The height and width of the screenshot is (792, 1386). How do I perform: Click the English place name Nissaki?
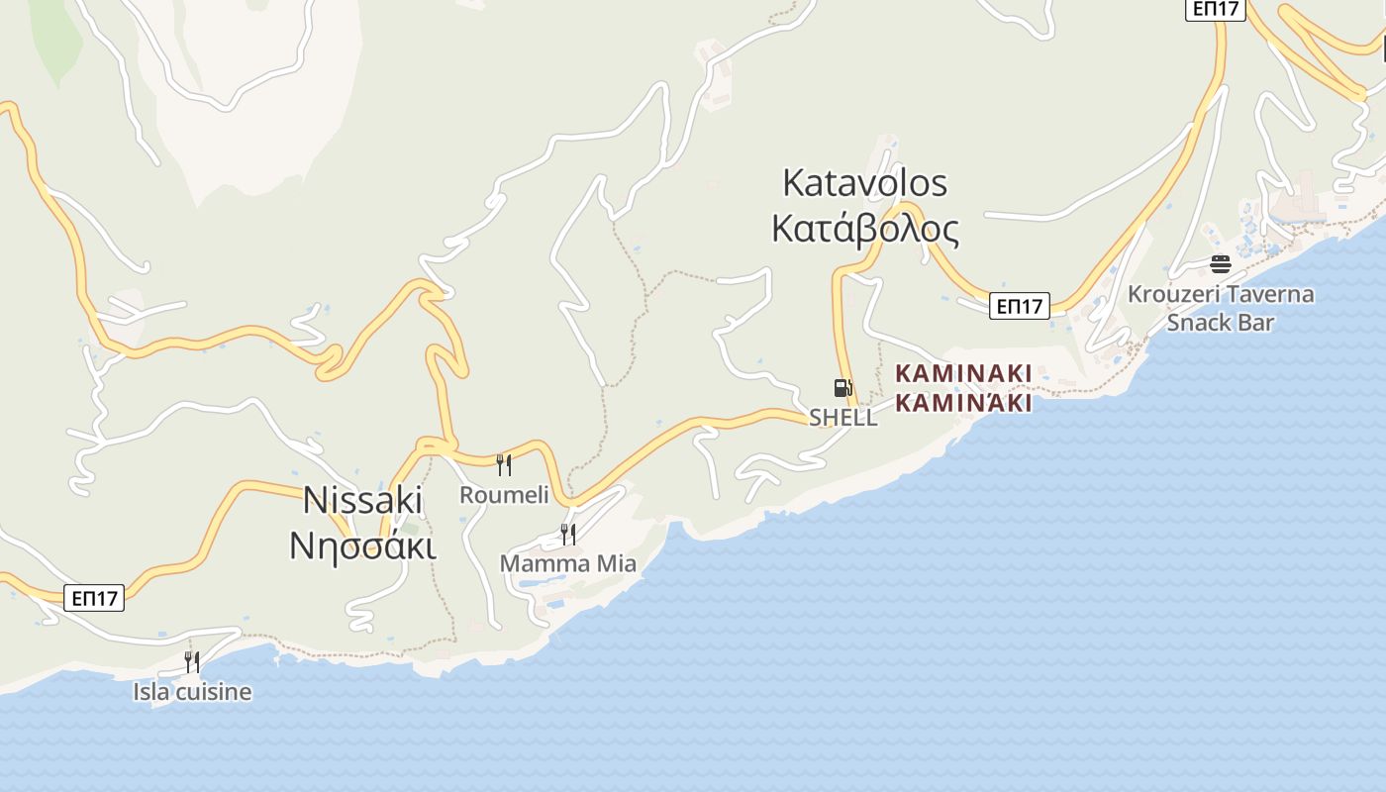click(x=362, y=500)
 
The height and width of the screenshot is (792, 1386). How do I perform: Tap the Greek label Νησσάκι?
click(x=362, y=545)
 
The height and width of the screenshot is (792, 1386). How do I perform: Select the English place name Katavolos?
click(x=864, y=183)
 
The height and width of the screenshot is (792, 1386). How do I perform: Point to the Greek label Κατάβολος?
click(x=864, y=229)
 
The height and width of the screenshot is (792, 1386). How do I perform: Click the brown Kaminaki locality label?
click(x=963, y=373)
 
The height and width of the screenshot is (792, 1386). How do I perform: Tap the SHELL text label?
click(x=842, y=418)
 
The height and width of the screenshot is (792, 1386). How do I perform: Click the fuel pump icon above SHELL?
click(x=842, y=388)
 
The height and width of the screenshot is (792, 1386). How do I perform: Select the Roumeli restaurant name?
click(x=504, y=495)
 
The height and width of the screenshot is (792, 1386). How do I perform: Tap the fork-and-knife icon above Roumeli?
click(x=504, y=465)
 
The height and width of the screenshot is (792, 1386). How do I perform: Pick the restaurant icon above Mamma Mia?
click(x=568, y=535)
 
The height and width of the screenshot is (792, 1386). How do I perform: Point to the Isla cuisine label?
click(x=192, y=692)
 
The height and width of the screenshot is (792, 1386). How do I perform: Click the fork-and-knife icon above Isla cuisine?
click(x=192, y=662)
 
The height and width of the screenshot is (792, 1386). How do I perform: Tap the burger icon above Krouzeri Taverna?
click(x=1221, y=264)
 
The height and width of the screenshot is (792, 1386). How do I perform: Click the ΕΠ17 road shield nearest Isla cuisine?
click(x=96, y=598)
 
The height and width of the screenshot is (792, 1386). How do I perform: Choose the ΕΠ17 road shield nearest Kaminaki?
click(x=1019, y=307)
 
